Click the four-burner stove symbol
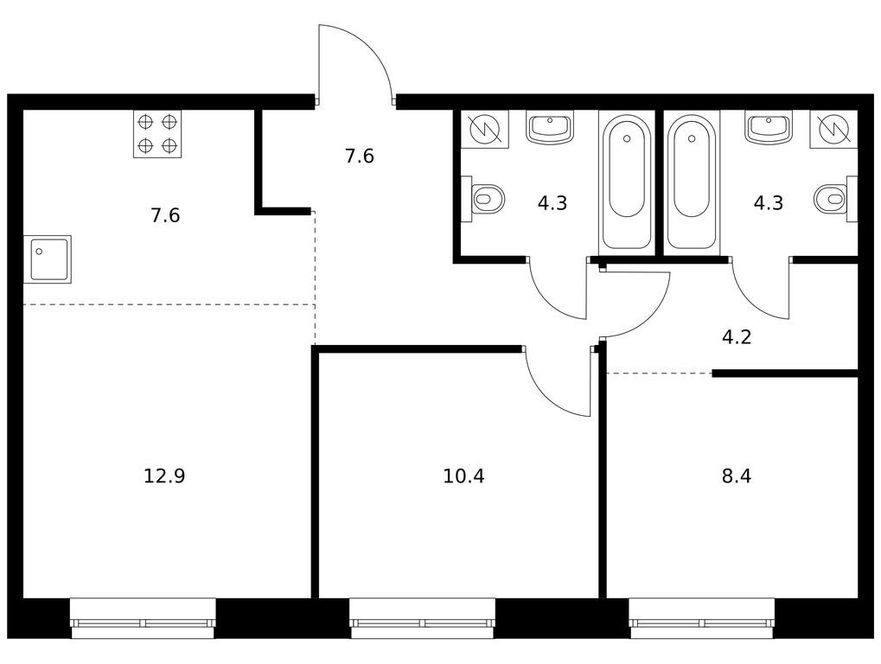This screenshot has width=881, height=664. click(157, 134)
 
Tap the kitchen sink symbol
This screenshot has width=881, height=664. click(48, 259)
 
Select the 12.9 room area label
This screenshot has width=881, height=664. click(164, 476)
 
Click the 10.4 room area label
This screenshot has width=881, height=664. click(463, 476)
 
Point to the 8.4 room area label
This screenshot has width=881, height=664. click(737, 476)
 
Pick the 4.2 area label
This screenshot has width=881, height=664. click(737, 337)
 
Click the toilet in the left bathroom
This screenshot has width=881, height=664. click(483, 198)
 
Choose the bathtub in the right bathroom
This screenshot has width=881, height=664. click(692, 182)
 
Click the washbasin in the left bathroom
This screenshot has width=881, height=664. click(550, 126)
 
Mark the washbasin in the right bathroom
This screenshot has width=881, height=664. click(769, 126)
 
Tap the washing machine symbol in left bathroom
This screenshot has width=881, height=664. click(485, 129)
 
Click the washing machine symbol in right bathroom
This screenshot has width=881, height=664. click(833, 129)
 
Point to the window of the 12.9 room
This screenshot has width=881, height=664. click(143, 618)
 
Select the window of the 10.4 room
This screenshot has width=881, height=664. click(423, 618)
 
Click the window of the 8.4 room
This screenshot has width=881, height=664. click(702, 618)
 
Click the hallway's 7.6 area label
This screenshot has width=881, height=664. click(360, 156)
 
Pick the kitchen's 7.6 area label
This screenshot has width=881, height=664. click(165, 215)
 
